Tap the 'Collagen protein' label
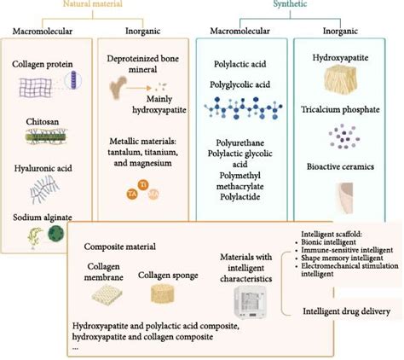(x=45, y=65)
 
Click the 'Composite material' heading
(x=120, y=247)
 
